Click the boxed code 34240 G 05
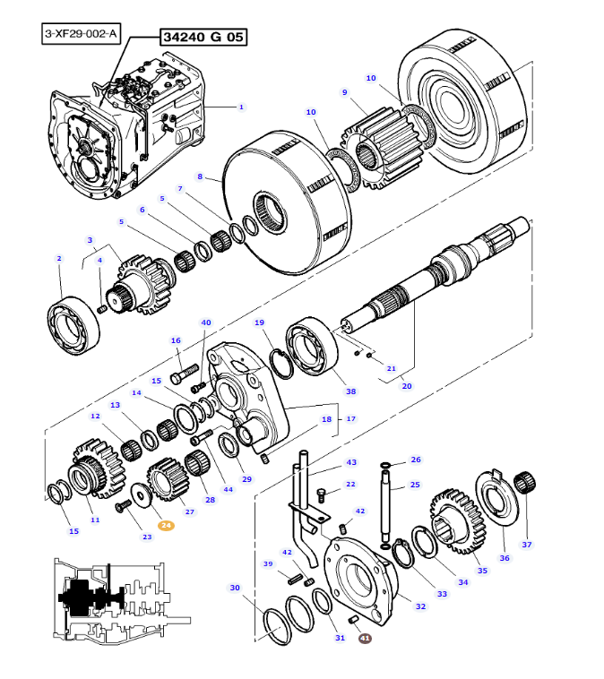tap(203, 37)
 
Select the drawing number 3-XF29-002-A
tap(81, 34)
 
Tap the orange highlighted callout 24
tap(167, 526)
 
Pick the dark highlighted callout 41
tap(365, 638)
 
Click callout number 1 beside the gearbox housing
tap(241, 107)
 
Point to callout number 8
tap(200, 176)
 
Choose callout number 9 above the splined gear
tap(344, 92)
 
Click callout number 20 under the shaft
tap(406, 386)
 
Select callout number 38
tap(350, 391)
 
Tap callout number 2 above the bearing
tap(59, 259)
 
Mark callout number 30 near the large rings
tap(235, 588)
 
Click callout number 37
tap(527, 544)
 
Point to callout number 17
tap(350, 418)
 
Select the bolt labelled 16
tap(186, 367)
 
